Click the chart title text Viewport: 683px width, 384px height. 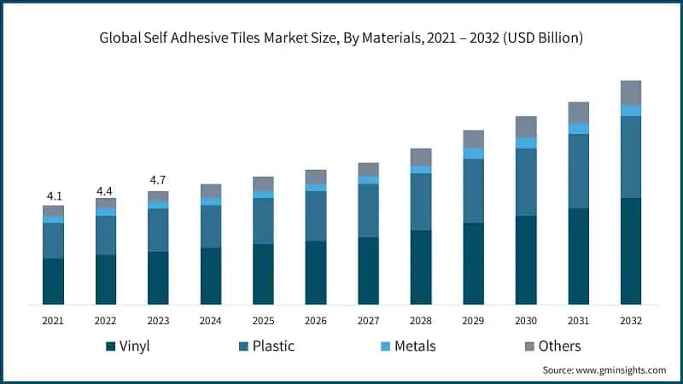pyautogui.click(x=341, y=37)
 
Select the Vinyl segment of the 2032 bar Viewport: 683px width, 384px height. pyautogui.click(x=631, y=251)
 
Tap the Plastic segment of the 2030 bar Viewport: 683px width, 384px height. pyautogui.click(x=526, y=182)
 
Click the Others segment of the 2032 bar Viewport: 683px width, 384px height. pyautogui.click(x=631, y=92)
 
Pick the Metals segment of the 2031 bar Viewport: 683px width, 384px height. pyautogui.click(x=579, y=128)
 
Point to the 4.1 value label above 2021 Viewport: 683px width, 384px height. pyautogui.click(x=53, y=195)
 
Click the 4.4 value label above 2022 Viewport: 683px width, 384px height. pyautogui.click(x=105, y=189)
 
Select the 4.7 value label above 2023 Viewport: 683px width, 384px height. pyautogui.click(x=158, y=181)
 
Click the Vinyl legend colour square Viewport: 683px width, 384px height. pyautogui.click(x=111, y=346)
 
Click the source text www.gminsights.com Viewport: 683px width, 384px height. pyautogui.click(x=604, y=370)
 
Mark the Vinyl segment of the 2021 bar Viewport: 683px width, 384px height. pyautogui.click(x=53, y=281)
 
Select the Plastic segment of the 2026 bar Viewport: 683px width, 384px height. pyautogui.click(x=316, y=216)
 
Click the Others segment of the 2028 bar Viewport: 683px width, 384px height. pyautogui.click(x=421, y=156)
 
